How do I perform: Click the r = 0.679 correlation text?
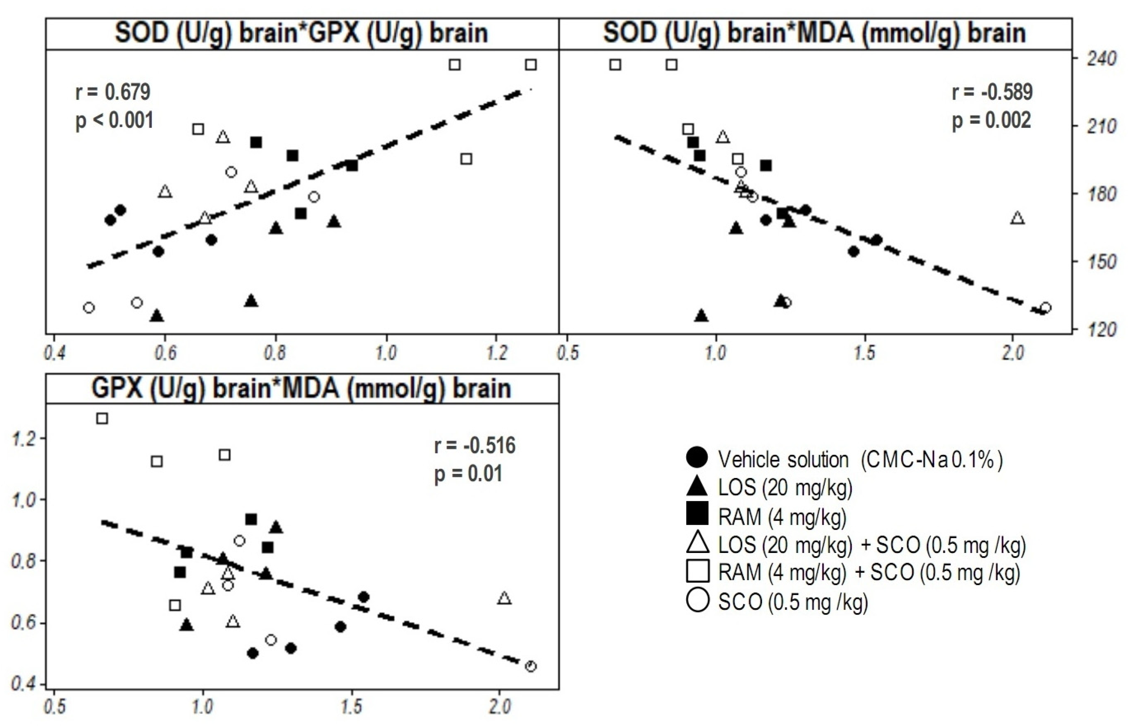[113, 92]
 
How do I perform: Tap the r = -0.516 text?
[474, 445]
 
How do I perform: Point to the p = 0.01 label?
[468, 474]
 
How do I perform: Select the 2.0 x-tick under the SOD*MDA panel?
[1013, 353]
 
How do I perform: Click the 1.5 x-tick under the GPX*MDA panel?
[351, 707]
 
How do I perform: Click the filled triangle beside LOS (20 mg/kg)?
[698, 487]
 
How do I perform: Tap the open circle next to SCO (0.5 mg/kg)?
[698, 601]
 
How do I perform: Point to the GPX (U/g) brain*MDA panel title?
[301, 388]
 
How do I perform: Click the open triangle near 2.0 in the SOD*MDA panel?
[1017, 218]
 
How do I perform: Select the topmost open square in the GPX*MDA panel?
[102, 419]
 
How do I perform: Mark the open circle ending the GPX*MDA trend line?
[531, 666]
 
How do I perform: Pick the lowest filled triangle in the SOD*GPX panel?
[157, 316]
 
